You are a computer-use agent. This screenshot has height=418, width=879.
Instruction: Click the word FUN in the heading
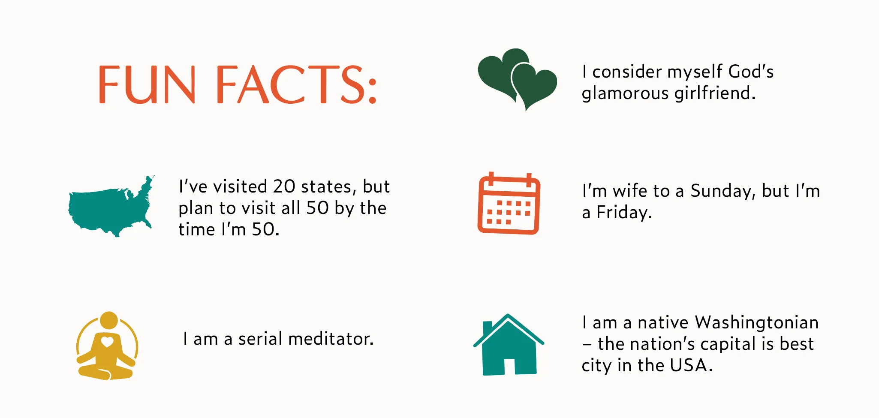point(147,84)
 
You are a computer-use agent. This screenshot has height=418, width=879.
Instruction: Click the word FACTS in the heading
point(296,84)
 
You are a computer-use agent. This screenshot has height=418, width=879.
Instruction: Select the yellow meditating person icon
point(107,346)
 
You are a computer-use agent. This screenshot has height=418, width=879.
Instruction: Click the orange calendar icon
point(509,204)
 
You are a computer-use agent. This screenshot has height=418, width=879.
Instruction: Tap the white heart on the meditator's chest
point(107,342)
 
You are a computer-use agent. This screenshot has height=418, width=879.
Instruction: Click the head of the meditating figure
point(109,320)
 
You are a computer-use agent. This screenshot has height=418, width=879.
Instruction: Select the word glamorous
point(625,93)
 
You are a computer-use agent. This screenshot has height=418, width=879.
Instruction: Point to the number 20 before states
point(284,187)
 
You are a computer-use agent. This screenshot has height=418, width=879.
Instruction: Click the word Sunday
point(723,191)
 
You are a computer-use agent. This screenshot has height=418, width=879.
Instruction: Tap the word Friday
point(624,213)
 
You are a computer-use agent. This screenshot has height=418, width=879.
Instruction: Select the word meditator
point(331,339)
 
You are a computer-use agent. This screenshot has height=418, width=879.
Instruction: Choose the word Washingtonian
point(756,322)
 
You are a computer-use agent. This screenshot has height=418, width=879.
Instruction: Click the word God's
point(751,72)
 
